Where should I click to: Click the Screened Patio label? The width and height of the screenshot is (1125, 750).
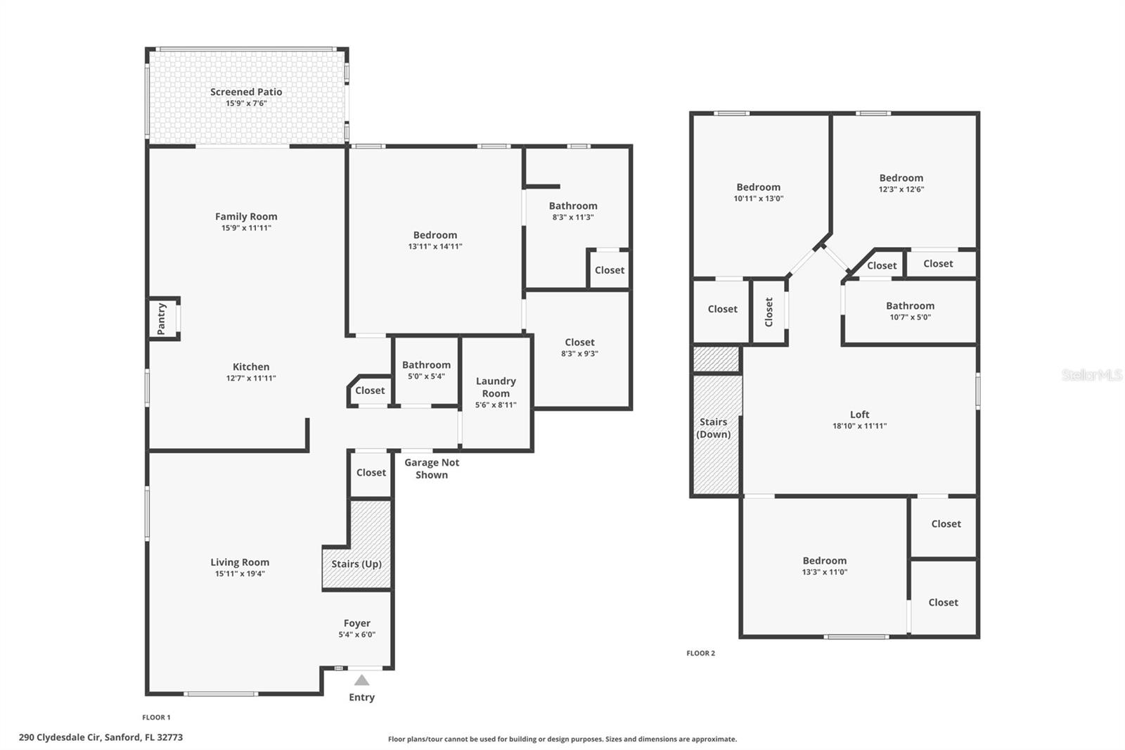(246, 92)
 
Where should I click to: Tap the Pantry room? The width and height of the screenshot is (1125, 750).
(162, 319)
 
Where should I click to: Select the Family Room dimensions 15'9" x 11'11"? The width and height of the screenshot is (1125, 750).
(246, 228)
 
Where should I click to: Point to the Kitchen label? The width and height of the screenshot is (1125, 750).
(251, 367)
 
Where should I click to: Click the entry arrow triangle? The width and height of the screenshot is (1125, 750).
(361, 680)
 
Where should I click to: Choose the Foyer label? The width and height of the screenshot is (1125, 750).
(357, 623)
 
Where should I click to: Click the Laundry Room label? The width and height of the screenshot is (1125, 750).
(496, 387)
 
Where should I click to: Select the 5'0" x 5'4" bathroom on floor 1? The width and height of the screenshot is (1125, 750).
(426, 371)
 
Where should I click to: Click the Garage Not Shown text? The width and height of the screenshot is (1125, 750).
(432, 469)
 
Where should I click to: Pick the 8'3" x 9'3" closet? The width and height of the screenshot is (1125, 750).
(579, 348)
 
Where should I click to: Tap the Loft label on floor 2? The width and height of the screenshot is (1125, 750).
(859, 414)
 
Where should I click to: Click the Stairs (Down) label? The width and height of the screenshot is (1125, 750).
(713, 428)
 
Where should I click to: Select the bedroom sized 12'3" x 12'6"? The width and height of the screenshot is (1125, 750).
(901, 183)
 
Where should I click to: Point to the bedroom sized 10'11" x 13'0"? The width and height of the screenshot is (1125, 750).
(758, 192)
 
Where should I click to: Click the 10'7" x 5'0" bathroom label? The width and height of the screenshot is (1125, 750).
(910, 311)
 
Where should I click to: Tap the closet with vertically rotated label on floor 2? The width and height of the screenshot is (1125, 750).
(769, 312)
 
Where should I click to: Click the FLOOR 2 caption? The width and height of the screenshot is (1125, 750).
(700, 653)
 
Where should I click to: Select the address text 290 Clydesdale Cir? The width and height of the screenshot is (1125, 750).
(101, 737)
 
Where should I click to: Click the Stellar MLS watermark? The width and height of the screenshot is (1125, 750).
(1091, 375)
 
